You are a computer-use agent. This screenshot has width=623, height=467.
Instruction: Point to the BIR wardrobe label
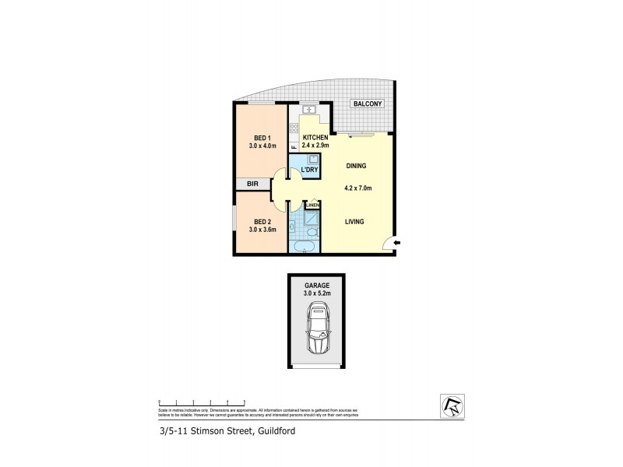[252, 184]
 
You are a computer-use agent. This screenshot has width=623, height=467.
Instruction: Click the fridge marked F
[294, 146]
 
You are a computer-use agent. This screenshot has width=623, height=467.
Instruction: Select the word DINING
[357, 166]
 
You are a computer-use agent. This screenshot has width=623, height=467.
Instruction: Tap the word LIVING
[355, 222]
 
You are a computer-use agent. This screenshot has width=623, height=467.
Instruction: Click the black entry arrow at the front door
[396, 244]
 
